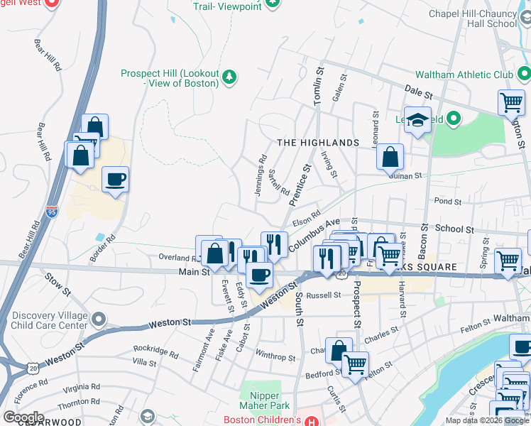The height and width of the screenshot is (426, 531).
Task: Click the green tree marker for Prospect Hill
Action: coord(229,77)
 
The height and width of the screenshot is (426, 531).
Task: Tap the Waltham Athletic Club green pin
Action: coord(524,74)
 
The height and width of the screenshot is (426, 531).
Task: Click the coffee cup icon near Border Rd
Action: coord(115,180)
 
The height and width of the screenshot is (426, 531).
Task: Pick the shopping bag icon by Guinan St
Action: coord(390,157)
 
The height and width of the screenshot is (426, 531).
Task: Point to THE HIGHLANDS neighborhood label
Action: coord(318,143)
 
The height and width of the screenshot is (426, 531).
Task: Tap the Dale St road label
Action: coord(419,92)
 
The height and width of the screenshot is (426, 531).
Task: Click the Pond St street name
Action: coord(447,202)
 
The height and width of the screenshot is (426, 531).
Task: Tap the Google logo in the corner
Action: coord(23,417)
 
